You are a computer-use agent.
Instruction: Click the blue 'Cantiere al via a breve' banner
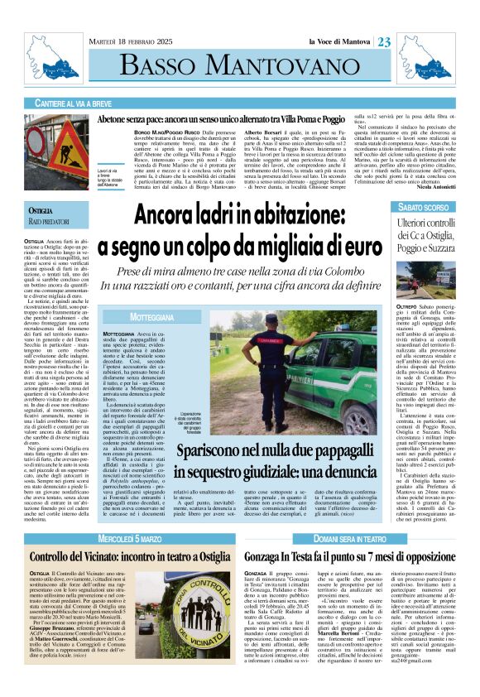pos(100,103)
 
